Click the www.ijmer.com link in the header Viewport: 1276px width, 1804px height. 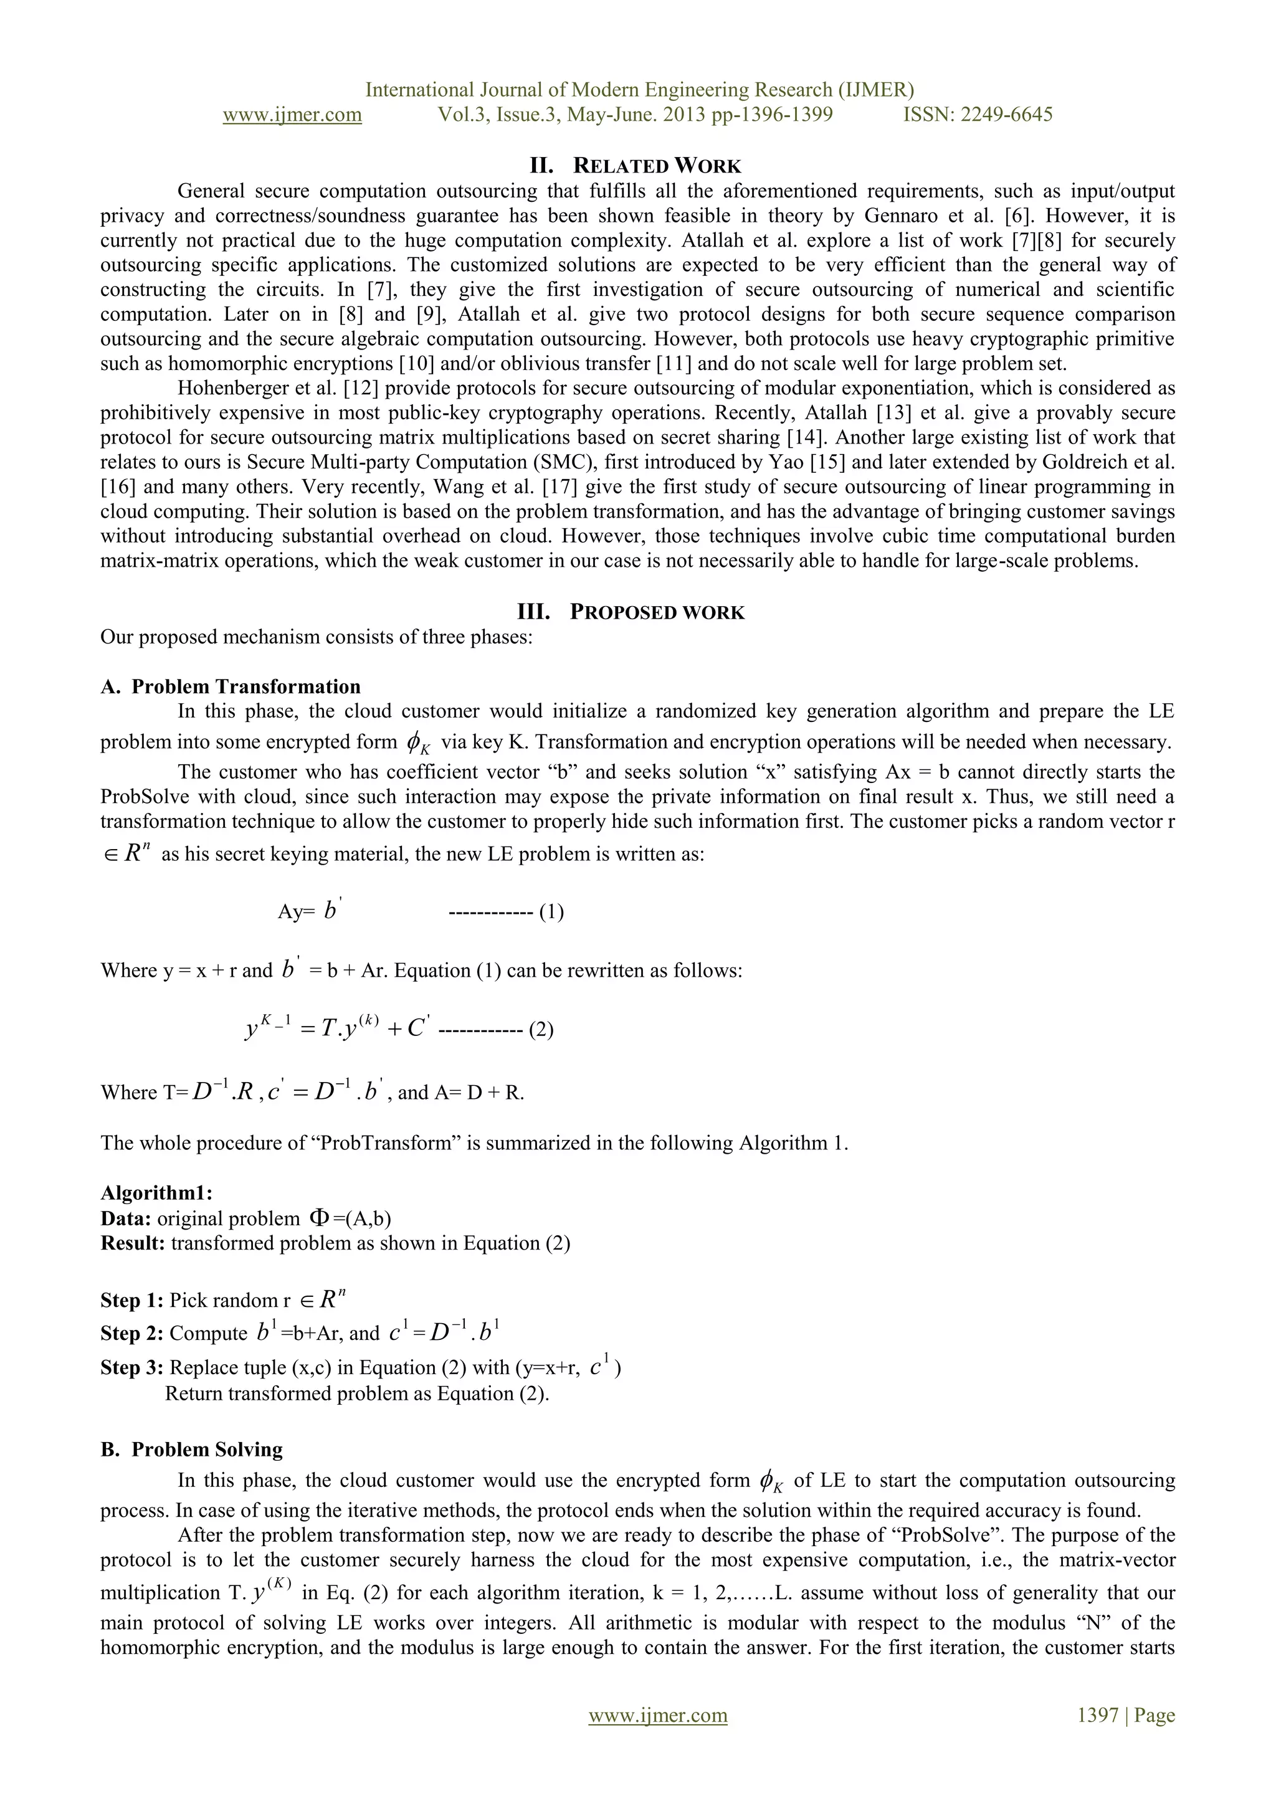(292, 115)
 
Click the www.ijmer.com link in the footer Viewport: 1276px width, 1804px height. (658, 1714)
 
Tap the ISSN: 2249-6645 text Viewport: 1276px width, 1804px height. (978, 115)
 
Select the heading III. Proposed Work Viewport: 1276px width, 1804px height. (630, 612)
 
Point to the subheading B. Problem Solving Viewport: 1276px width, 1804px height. (192, 1450)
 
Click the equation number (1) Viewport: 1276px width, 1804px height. (551, 912)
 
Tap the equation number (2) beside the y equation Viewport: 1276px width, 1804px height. (541, 1029)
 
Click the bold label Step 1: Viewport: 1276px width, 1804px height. (131, 1300)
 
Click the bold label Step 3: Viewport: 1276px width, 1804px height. (131, 1367)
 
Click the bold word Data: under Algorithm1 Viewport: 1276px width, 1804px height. (126, 1218)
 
